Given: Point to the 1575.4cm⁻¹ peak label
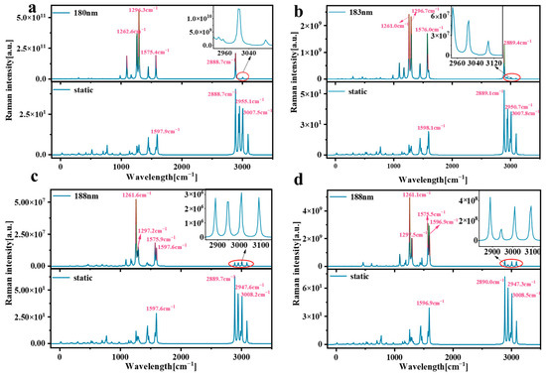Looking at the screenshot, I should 159,52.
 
